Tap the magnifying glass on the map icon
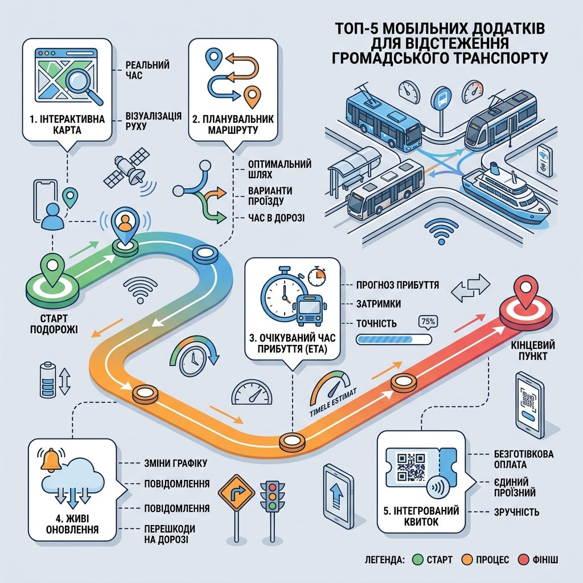pos(84,85)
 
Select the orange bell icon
pos(51,460)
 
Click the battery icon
pos(48,379)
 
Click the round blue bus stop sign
pos(442,98)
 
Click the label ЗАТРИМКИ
pos(379,304)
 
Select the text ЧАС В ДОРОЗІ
pos(276,218)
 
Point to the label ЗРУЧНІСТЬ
pos(516,512)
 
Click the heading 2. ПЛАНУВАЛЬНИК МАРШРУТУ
pos(233,125)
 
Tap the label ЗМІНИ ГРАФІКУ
pos(175,463)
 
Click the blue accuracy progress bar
pos(394,339)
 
